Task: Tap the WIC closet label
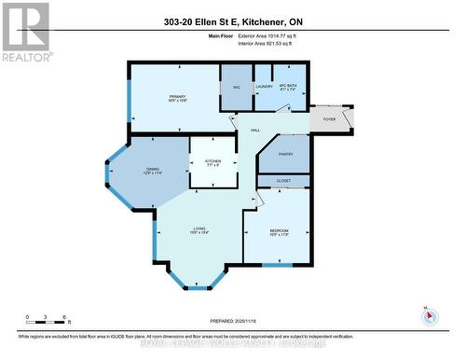236,88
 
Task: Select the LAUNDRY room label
264,88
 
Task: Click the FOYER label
329,119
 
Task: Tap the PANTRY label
286,158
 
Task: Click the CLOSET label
284,180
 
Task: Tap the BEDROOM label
280,233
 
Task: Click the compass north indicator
429,314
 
